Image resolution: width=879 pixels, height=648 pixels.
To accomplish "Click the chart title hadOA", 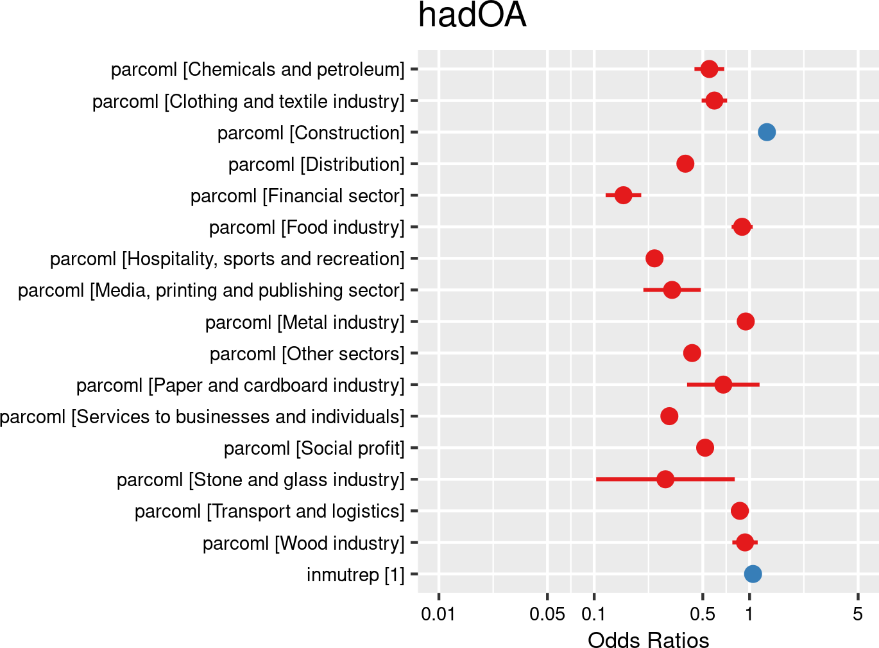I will point(472,15).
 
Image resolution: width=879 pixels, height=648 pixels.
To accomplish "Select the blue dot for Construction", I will point(766,132).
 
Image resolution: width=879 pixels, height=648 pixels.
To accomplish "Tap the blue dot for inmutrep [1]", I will point(753,574).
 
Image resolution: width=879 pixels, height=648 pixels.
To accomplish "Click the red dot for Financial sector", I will point(623,195).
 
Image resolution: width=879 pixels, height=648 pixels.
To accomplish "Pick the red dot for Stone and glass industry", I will point(665,479).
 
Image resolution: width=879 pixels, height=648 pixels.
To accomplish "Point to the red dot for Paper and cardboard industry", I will point(723,385).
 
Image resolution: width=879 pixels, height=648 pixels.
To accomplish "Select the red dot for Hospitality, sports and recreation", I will point(654,259).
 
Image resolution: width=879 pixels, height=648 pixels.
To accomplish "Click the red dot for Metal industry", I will point(746,322).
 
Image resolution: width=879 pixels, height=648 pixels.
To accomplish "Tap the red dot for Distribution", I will point(685,164).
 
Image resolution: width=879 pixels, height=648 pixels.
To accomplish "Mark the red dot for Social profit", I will point(705,448).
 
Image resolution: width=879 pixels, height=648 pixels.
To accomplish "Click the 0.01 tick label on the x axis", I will point(438,615).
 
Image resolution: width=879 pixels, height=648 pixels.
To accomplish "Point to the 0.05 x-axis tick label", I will point(547,615).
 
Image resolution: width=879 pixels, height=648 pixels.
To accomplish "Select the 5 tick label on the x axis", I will point(858,615).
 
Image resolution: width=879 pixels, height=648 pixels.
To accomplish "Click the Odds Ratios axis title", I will point(648,640).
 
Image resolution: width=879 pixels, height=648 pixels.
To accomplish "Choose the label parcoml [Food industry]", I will point(307,227).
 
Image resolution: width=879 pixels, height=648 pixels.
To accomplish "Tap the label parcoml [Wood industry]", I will point(303,543).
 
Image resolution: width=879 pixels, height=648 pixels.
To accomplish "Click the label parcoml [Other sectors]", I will point(307,354).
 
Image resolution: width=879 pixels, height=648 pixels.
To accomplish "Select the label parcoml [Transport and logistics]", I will point(269,511).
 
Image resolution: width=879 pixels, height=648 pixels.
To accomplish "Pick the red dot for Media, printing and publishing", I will point(672,290).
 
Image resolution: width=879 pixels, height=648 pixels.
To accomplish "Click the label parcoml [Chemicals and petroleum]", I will point(258,69).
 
